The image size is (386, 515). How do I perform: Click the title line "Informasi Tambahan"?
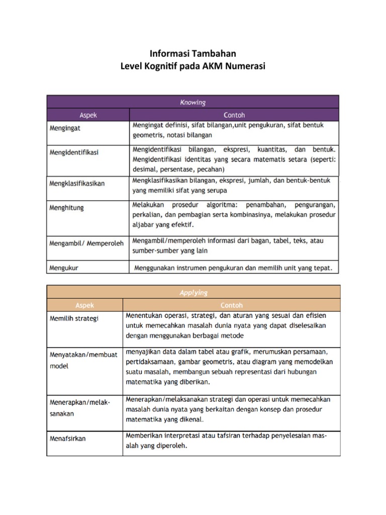[x=193, y=53]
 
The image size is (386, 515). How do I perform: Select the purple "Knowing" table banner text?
[x=193, y=103]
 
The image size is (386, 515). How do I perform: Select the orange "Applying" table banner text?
[x=193, y=292]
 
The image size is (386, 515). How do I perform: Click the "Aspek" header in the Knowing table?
[x=88, y=115]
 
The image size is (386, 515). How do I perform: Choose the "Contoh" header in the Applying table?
[x=231, y=305]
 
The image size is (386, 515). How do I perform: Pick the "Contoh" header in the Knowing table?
[x=234, y=115]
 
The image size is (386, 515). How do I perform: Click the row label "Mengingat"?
[x=65, y=128]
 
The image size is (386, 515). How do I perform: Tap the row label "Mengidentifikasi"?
[x=74, y=151]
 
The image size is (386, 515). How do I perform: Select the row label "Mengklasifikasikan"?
[x=77, y=184]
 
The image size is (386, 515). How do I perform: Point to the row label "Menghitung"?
[x=67, y=207]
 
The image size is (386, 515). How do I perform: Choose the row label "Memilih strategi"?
[x=74, y=318]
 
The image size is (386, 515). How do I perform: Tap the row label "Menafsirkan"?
[x=68, y=438]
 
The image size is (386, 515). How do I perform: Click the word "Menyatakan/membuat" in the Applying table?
[x=83, y=355]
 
